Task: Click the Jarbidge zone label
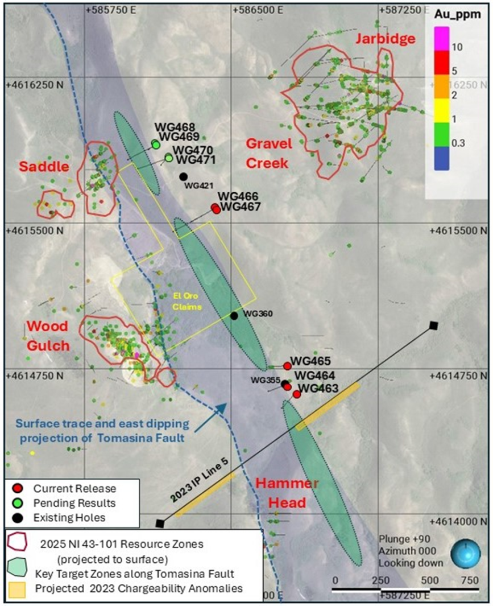tap(385, 39)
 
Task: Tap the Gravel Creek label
tap(268, 153)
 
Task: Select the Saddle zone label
tap(43, 166)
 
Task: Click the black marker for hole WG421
tap(183, 176)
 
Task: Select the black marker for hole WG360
tap(234, 316)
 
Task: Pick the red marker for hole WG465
tap(287, 366)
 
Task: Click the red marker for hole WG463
tap(297, 394)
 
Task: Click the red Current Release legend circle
tap(18, 488)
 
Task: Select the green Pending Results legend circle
tap(18, 503)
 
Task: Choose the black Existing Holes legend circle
tap(18, 517)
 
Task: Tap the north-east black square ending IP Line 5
tap(434, 325)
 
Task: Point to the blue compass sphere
tap(466, 554)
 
